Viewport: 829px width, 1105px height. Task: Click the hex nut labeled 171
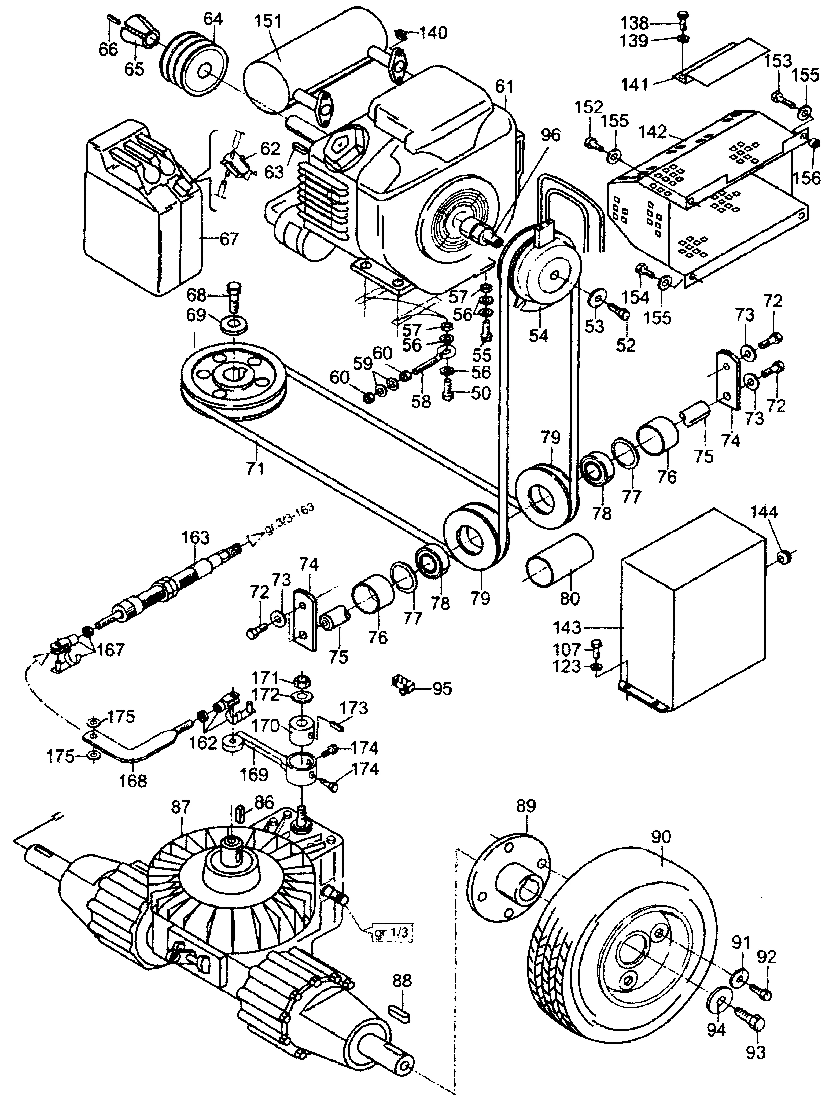[x=301, y=680]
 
